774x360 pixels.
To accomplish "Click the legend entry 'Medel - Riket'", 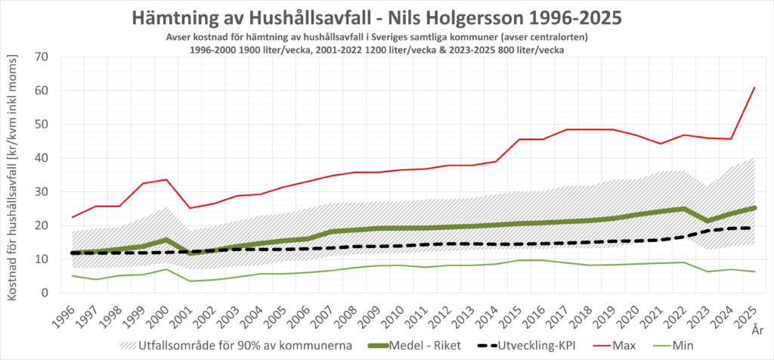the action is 415,346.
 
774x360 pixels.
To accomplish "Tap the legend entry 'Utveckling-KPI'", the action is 530,346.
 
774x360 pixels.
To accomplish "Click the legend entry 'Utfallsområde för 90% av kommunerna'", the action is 236,346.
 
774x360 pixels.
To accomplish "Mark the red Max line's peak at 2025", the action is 754,88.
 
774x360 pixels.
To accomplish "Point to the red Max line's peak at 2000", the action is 167,179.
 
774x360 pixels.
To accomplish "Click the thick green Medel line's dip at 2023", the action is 707,221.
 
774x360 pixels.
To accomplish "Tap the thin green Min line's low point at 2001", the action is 190,281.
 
